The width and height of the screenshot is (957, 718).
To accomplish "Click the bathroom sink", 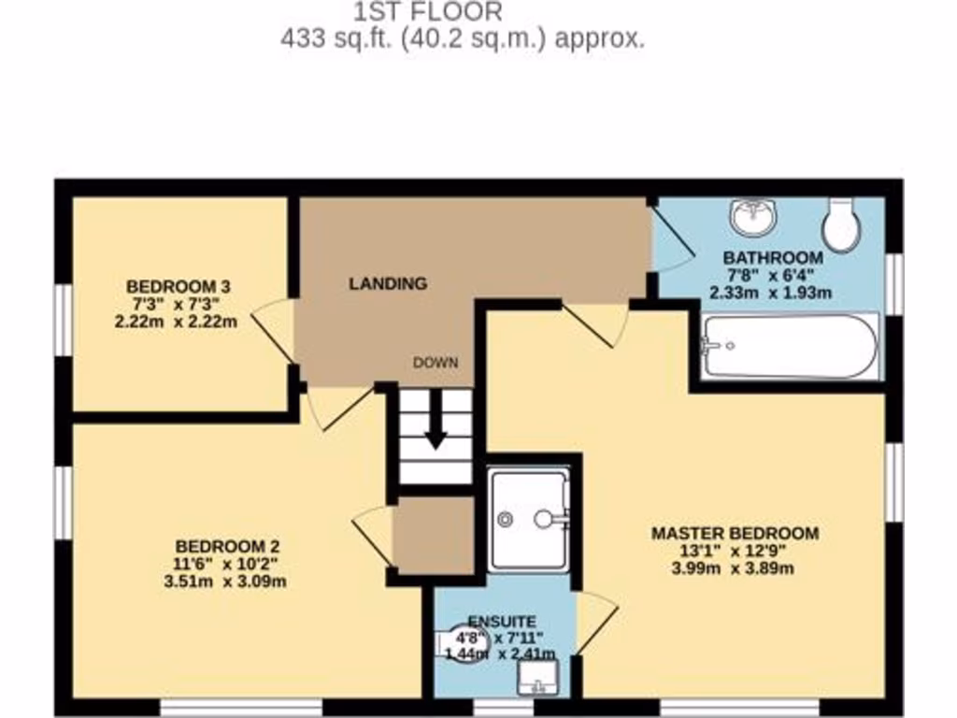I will (753, 218).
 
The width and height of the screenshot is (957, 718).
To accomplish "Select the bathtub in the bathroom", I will (790, 346).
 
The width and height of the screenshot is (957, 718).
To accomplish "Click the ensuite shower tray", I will (529, 519).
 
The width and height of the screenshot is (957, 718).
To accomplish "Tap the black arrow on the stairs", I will (436, 427).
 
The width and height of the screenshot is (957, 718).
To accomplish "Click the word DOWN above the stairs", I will (436, 363).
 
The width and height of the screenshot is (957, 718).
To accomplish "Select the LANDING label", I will (388, 283).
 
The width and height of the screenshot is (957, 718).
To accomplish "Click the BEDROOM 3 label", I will (179, 286).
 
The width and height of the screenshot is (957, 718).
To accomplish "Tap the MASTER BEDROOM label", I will (735, 534).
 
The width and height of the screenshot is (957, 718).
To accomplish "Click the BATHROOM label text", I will (774, 257).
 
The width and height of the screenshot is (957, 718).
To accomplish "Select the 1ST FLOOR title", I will (428, 12).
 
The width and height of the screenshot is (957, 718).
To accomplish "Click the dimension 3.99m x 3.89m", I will (735, 567).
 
